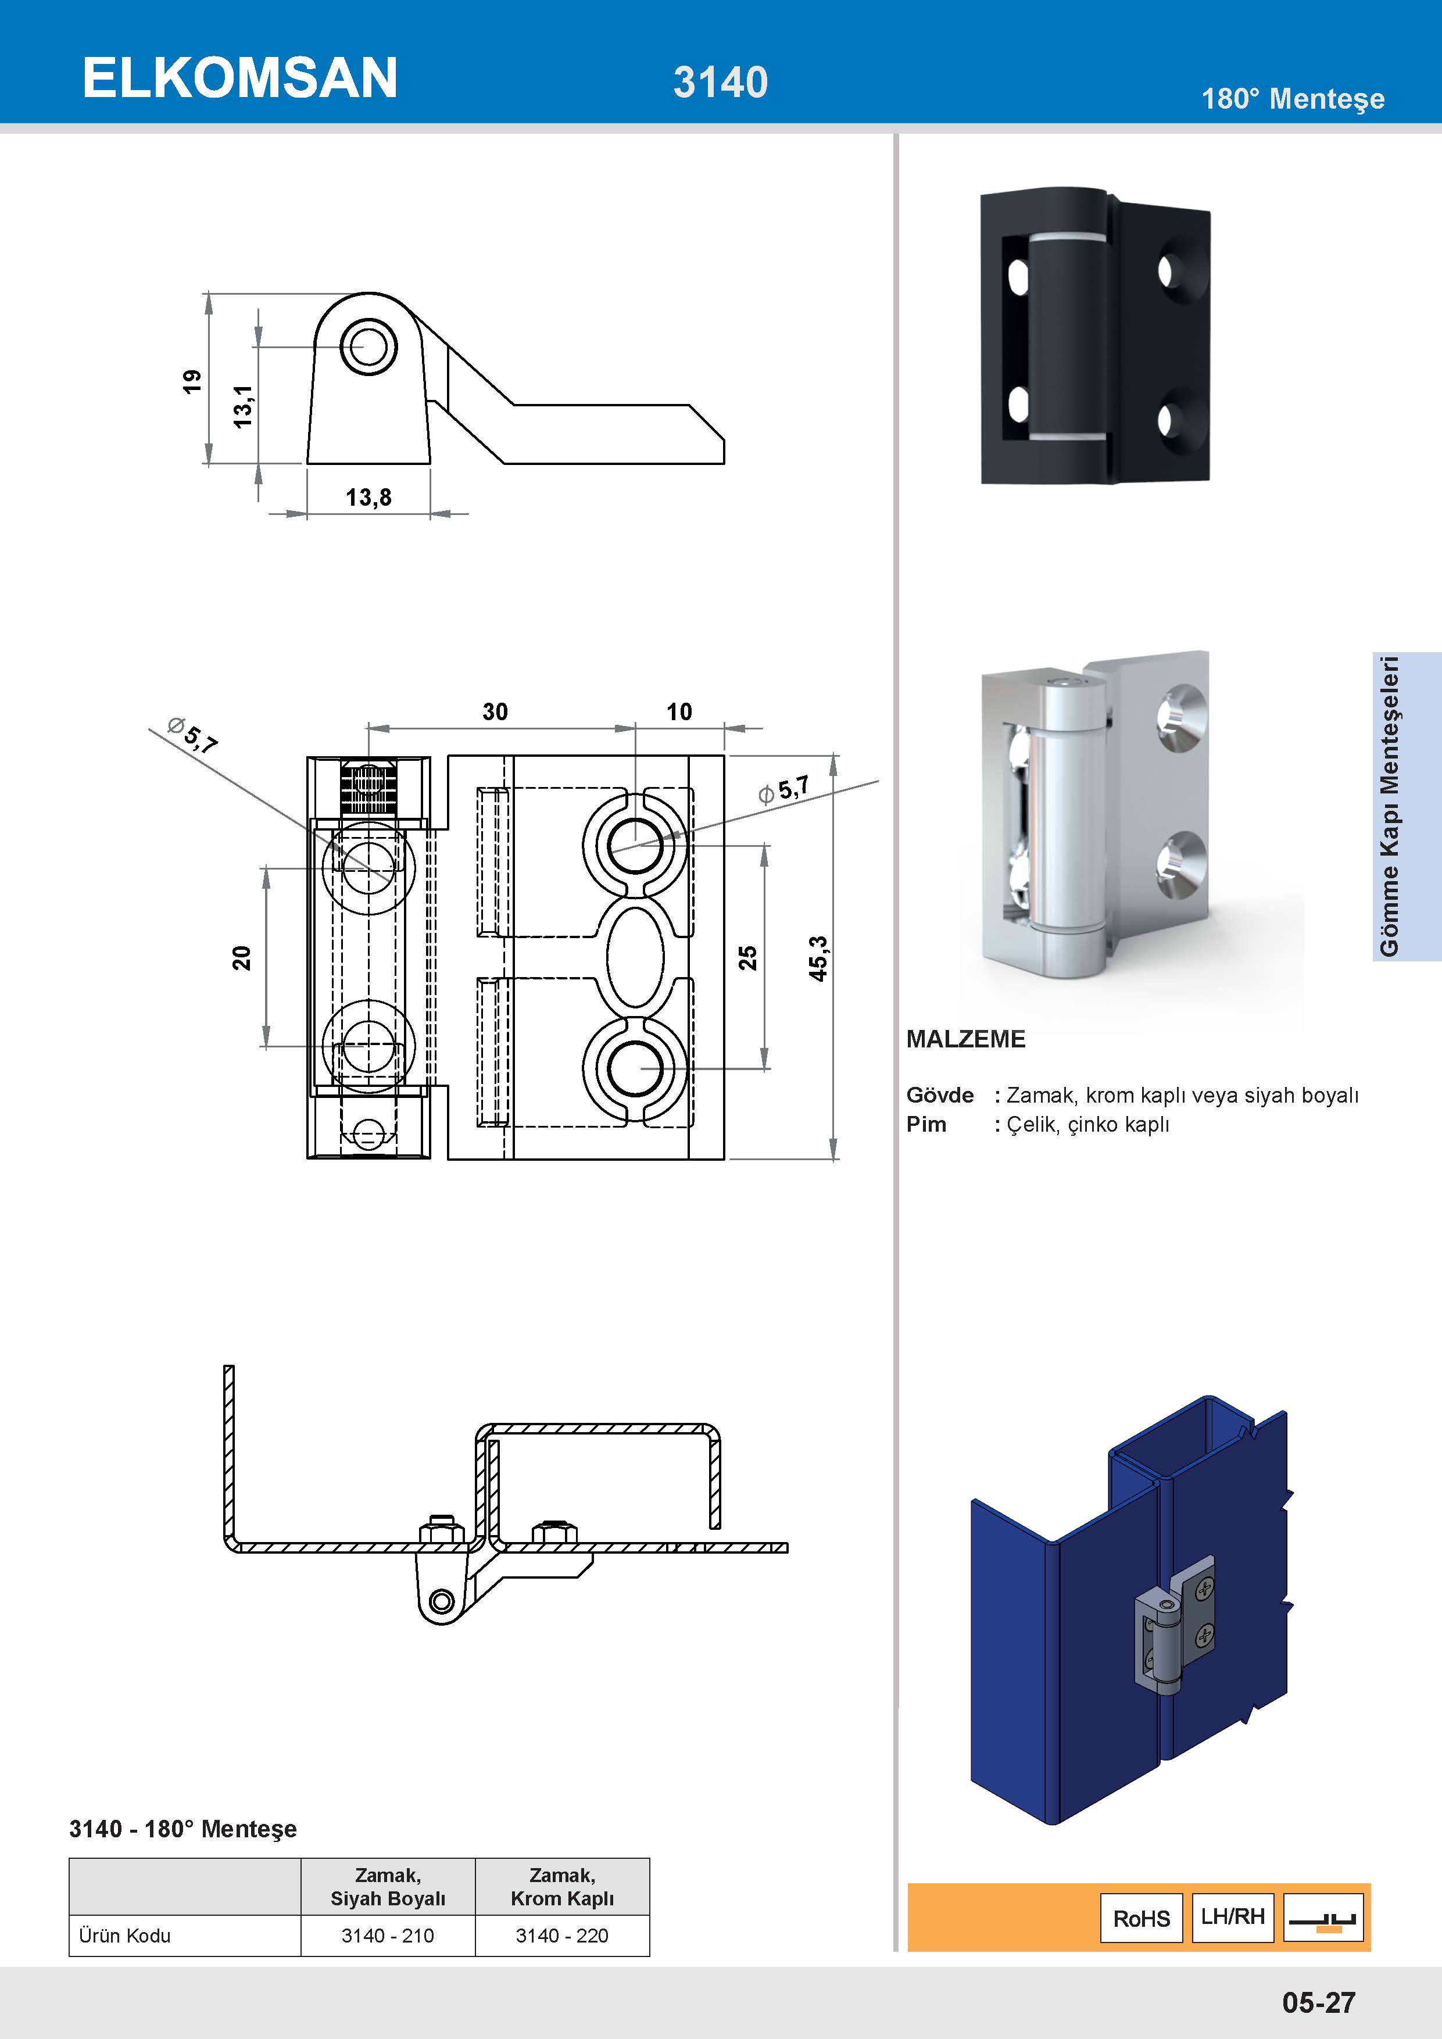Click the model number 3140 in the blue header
pos(720,83)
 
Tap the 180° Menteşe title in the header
pos(1292,99)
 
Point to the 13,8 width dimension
pos(368,498)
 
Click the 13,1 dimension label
pos(242,407)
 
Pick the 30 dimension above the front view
pos(495,711)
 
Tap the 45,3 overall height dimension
pos(818,958)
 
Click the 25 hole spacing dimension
pos(747,957)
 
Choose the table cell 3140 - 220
pos(562,1935)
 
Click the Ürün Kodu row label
pos(124,1935)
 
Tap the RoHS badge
pos(1141,1918)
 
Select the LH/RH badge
pos(1232,1916)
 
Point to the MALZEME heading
pos(965,1039)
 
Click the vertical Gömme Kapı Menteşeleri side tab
pos(1390,806)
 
